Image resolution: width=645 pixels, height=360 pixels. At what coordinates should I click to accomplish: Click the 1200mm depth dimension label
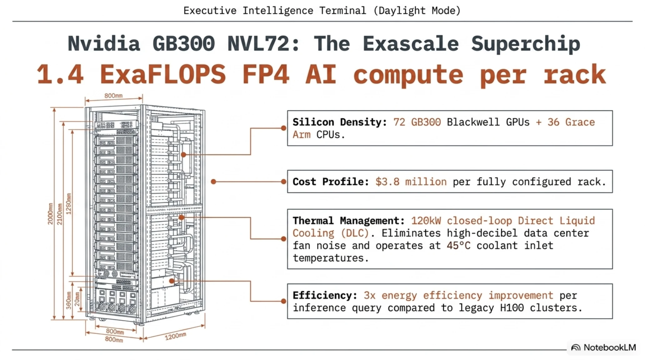176,336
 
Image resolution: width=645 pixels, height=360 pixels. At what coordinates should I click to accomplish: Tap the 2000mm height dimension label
50,214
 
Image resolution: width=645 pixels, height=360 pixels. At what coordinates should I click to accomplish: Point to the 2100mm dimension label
60,214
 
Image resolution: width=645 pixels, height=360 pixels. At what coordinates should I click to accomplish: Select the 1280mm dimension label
69,204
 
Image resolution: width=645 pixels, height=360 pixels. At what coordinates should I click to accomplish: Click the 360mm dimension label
69,300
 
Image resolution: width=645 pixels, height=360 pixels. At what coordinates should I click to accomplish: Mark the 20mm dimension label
77,299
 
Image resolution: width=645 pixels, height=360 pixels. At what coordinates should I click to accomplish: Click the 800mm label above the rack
113,95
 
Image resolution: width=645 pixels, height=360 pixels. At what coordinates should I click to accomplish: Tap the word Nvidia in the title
104,43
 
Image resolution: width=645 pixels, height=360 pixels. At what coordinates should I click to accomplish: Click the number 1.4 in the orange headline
60,74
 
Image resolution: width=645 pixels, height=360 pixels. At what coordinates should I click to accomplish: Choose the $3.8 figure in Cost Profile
387,182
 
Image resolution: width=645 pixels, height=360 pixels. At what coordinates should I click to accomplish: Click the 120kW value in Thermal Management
426,221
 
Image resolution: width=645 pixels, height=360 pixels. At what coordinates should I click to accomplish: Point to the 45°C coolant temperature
458,246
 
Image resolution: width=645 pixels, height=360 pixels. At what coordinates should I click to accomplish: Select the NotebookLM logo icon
576,347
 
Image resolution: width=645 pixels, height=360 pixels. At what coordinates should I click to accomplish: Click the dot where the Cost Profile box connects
283,182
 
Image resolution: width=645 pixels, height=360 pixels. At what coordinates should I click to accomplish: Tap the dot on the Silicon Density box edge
283,128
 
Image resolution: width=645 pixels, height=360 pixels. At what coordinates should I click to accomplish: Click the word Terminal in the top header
342,11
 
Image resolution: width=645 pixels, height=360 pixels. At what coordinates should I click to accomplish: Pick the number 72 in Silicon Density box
399,122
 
